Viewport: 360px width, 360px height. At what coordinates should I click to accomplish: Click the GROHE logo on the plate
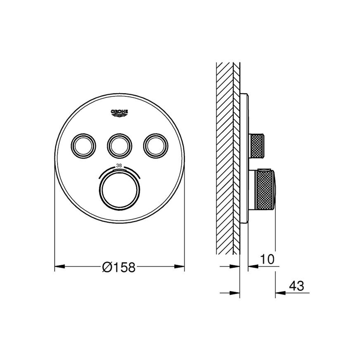[119, 113]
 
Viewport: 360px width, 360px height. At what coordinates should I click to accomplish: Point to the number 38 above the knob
[119, 165]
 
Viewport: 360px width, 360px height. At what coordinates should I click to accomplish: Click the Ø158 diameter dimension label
[119, 267]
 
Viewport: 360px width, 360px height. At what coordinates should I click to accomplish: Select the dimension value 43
[296, 286]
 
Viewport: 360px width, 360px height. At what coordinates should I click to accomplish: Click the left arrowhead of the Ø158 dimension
[60, 267]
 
